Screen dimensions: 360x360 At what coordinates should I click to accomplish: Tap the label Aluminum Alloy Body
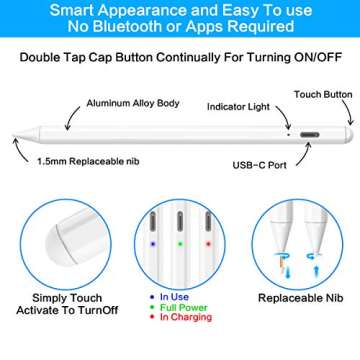(x=133, y=103)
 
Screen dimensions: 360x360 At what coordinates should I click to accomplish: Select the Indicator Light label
(x=238, y=107)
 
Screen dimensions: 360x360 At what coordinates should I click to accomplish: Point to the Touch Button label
(x=323, y=95)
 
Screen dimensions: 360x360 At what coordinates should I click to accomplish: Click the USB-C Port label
(x=260, y=165)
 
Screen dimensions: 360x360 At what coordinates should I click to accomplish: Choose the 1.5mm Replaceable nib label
(x=88, y=162)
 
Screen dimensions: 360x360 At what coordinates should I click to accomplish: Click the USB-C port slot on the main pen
(x=310, y=135)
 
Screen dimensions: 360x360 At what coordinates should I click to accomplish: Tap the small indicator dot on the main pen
(x=289, y=135)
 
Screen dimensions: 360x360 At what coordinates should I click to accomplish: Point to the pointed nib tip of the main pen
(x=14, y=135)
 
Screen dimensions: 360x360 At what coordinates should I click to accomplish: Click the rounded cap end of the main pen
(x=349, y=135)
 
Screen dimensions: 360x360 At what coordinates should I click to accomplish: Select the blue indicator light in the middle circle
(x=153, y=244)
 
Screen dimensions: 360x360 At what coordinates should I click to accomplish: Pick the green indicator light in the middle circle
(x=180, y=244)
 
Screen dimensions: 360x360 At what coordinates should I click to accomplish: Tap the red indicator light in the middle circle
(x=208, y=244)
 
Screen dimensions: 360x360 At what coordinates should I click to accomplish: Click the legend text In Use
(x=174, y=297)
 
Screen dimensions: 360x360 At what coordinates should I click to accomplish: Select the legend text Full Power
(x=184, y=307)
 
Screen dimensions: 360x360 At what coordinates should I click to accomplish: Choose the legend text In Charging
(x=186, y=317)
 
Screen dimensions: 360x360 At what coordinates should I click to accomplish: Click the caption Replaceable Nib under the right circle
(x=301, y=298)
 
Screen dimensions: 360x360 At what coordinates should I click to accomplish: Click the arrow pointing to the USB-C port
(x=304, y=155)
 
